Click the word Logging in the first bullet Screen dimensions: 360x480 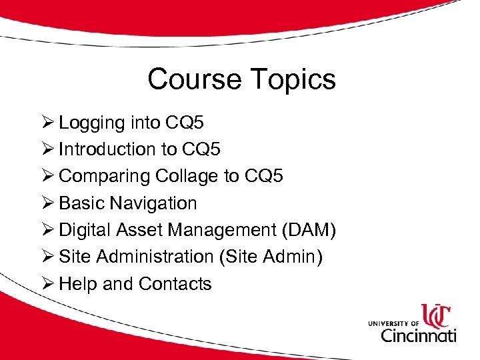click(92, 123)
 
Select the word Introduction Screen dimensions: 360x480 click(107, 149)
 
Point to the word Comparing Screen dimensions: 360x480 click(104, 177)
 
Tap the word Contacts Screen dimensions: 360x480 click(175, 283)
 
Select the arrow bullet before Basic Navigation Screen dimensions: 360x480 click(47, 203)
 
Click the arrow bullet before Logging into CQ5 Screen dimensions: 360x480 click(47, 123)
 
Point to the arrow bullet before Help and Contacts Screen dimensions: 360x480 click(47, 283)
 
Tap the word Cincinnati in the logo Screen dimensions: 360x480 click(419, 333)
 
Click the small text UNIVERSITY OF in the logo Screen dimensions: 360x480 click(393, 323)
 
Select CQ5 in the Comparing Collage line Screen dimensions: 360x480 click(263, 176)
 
